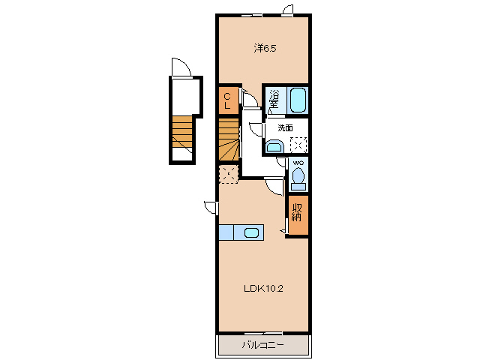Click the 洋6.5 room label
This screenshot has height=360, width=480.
pos(265,48)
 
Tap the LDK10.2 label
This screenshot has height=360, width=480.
pos(263,288)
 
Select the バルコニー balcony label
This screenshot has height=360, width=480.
pos(263,345)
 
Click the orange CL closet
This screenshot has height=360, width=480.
pos(228,100)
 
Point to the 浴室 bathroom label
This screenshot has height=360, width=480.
pos(273,98)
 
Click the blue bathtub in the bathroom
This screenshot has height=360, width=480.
pos(298,100)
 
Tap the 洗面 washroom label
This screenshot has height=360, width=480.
pos(285,127)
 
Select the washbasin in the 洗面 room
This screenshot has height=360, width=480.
pos(275,146)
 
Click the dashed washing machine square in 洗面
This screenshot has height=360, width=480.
pos(298,145)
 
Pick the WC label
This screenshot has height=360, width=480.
pos(298,163)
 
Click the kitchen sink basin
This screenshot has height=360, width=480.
pos(251,233)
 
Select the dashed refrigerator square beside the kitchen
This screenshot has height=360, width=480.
pos(229,174)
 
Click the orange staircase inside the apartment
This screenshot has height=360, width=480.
pos(229,139)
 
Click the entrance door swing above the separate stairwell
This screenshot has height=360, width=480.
pos(181,67)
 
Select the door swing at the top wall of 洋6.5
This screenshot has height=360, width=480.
pos(288,10)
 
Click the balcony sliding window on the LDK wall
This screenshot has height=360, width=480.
pos(263,333)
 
